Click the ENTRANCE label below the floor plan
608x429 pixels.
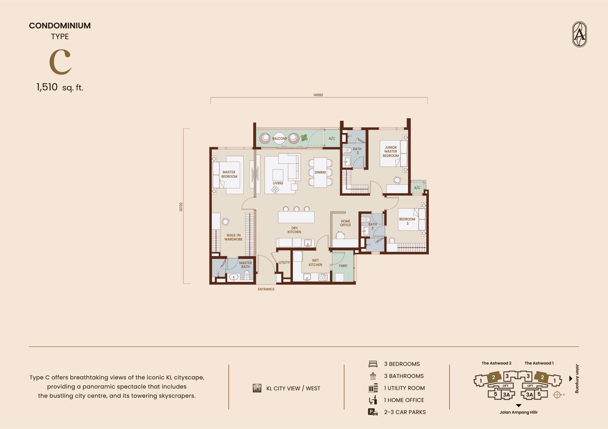click(266, 289)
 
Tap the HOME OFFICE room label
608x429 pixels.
click(346, 223)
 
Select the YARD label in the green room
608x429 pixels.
click(343, 266)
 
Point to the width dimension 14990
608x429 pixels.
click(318, 95)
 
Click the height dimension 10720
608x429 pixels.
click(181, 207)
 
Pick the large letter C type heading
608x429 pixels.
click(60, 62)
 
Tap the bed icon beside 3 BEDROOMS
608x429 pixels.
click(373, 364)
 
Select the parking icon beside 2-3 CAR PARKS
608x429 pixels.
click(373, 412)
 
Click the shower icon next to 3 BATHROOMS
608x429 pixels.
click(373, 376)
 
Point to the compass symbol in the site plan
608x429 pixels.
click(557, 395)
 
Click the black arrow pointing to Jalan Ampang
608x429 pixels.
click(571, 379)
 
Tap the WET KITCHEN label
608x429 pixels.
click(315, 262)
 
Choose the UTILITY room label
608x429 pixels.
click(284, 262)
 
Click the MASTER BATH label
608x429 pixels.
click(246, 265)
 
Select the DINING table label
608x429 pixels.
click(320, 172)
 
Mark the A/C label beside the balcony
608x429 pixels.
click(332, 138)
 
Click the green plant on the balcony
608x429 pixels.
click(304, 138)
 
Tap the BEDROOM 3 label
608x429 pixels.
click(407, 221)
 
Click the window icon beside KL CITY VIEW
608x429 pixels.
click(257, 388)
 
